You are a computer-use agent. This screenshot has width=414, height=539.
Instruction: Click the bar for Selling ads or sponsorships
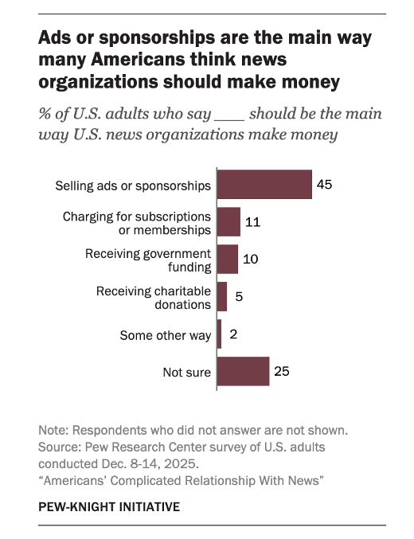[264, 184]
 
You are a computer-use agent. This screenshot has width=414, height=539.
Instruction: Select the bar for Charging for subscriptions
[228, 221]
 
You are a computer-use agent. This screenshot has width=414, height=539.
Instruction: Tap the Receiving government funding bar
[227, 260]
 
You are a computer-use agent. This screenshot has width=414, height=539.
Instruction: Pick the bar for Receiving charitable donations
[222, 297]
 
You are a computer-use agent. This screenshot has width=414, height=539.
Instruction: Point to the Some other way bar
[219, 334]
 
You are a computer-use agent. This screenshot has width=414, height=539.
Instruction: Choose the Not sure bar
[243, 371]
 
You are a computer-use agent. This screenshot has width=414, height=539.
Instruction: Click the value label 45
[325, 185]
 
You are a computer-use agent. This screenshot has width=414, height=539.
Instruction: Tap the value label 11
[252, 222]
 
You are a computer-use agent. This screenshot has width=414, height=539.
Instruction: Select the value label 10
[250, 260]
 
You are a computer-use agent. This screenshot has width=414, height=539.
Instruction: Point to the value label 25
[282, 372]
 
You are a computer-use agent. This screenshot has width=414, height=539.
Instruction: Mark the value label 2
[233, 334]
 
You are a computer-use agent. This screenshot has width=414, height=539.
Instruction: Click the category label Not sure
[187, 373]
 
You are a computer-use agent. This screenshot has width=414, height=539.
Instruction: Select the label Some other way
[166, 335]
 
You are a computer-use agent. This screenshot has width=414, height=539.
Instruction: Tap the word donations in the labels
[182, 305]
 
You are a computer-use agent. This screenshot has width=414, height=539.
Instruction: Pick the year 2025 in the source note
[179, 463]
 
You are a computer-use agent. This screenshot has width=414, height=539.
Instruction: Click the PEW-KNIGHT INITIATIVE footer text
[109, 507]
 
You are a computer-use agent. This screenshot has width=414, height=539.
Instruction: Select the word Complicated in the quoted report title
[146, 481]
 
